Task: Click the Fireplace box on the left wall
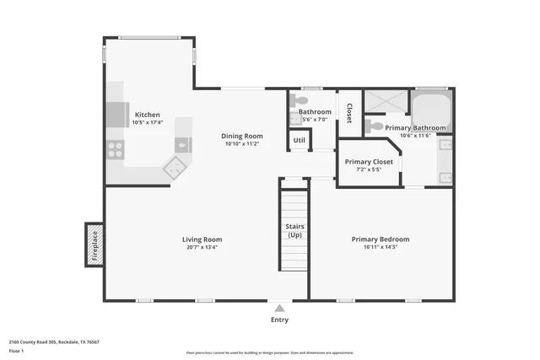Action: pyautogui.click(x=94, y=244)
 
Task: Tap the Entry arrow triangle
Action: pyautogui.click(x=279, y=309)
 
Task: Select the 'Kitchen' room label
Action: pyautogui.click(x=148, y=115)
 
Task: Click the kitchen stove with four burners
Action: pyautogui.click(x=116, y=152)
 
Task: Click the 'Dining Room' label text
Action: pyautogui.click(x=242, y=136)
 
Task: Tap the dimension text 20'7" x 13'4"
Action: pyautogui.click(x=202, y=247)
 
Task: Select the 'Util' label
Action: pyautogui.click(x=299, y=140)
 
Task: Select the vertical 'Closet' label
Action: pyautogui.click(x=348, y=113)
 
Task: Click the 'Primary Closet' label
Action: pyautogui.click(x=370, y=161)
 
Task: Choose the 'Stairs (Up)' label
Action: pyautogui.click(x=294, y=230)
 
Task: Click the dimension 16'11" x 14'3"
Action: pyautogui.click(x=380, y=247)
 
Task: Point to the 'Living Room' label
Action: pyautogui.click(x=202, y=239)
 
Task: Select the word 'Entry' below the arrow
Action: pyautogui.click(x=279, y=320)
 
